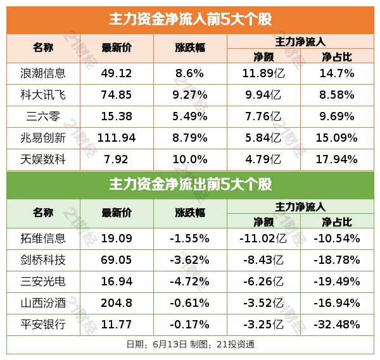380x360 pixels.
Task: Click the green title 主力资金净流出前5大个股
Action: point(190,185)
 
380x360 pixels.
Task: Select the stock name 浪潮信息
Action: point(43,73)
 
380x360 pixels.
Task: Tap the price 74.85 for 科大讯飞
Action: point(117,95)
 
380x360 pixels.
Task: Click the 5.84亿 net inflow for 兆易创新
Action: point(263,138)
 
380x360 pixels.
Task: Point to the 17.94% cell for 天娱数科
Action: point(337,159)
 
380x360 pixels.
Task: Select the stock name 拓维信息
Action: point(43,239)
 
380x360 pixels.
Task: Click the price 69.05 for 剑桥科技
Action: point(117,260)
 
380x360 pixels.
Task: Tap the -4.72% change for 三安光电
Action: point(189,282)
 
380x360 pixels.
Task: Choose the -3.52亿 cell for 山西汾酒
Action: point(263,303)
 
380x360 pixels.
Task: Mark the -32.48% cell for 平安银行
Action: point(337,325)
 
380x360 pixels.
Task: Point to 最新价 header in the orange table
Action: point(117,48)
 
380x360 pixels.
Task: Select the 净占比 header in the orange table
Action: point(337,56)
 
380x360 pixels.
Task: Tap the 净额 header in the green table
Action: point(263,221)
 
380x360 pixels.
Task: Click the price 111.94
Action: point(117,138)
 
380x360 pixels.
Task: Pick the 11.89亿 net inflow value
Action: point(263,73)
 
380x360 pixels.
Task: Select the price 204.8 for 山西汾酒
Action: point(117,303)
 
